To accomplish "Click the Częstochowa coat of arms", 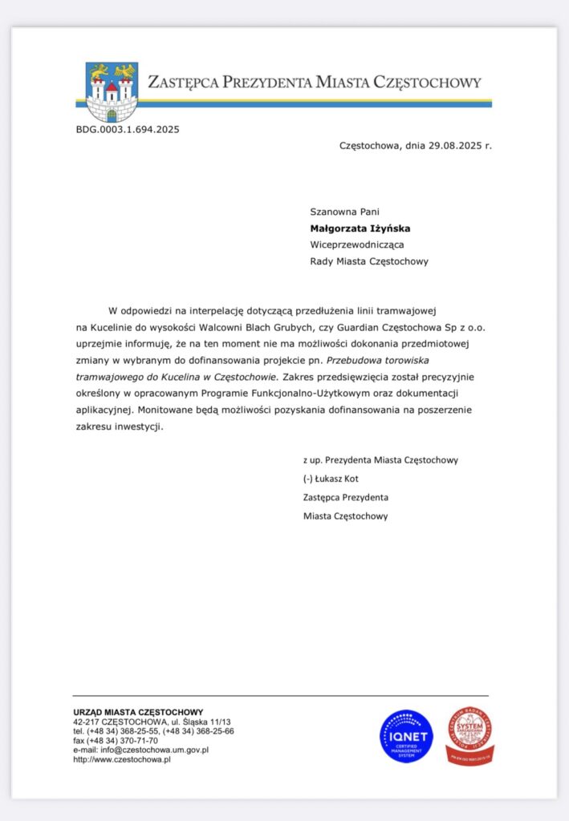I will [112, 91].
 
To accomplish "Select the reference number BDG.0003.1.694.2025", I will [128, 129].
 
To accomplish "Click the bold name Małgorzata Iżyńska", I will [360, 229].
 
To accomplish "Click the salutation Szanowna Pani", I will [344, 212].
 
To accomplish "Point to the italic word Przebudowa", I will [365, 362].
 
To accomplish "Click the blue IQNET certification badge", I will [406, 735].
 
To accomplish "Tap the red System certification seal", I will [469, 735].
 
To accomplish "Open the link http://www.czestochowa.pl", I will [121, 759].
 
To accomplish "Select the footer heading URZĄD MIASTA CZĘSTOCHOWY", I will [138, 712].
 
